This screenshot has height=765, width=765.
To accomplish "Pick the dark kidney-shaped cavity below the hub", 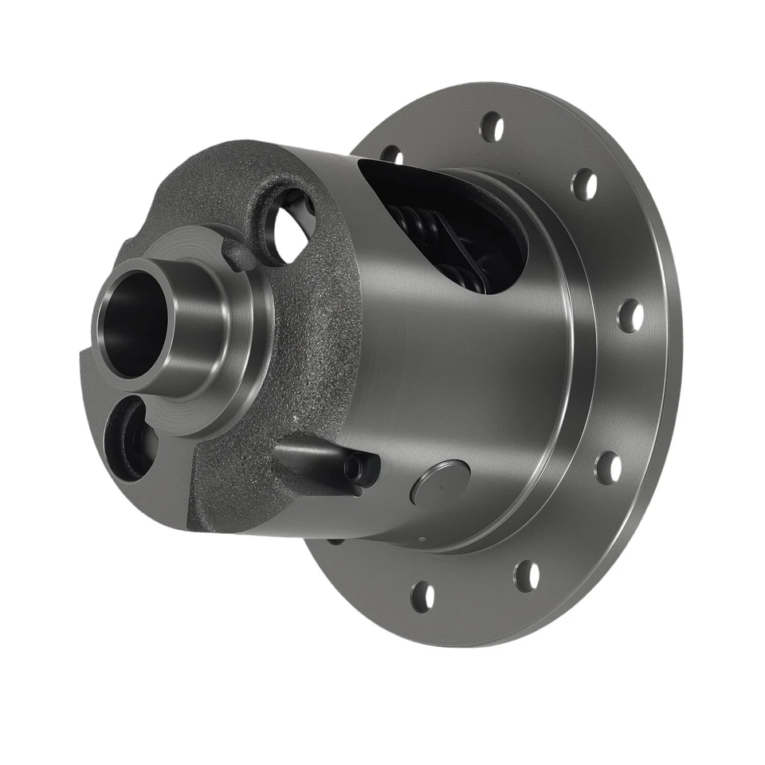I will [127, 438].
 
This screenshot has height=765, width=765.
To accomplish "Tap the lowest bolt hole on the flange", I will [423, 596].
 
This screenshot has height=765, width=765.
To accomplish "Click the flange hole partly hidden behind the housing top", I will [390, 153].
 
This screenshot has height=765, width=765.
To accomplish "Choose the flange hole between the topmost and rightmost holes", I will [584, 184].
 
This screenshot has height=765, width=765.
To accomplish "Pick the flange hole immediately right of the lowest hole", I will [527, 575].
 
